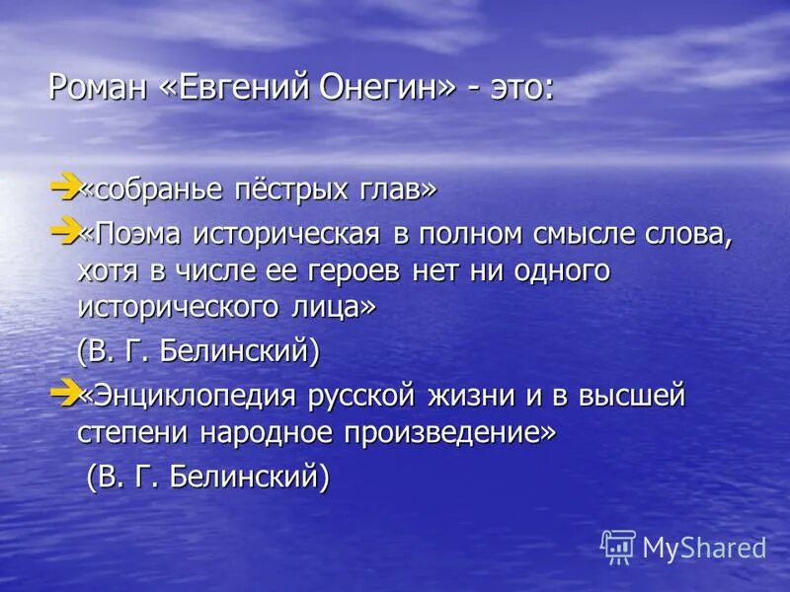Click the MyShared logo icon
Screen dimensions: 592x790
(x=618, y=546)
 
